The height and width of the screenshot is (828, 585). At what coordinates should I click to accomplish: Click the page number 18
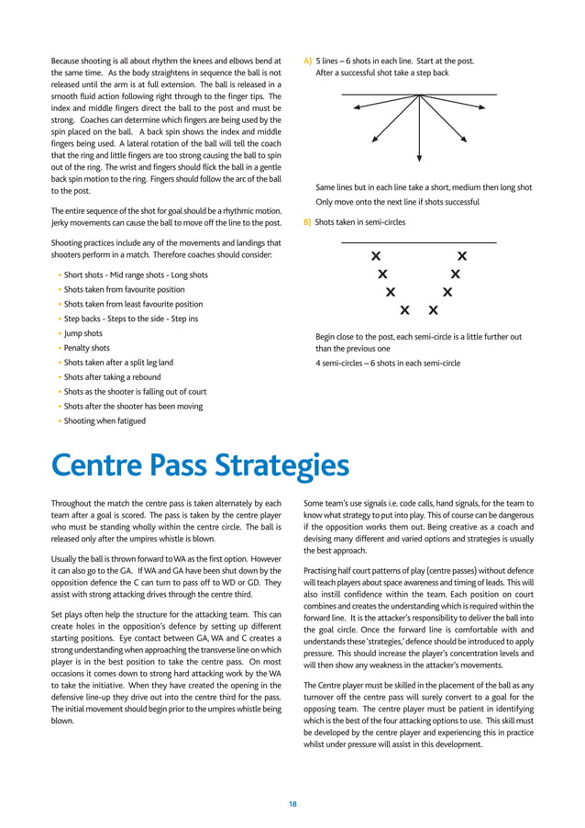click(x=292, y=804)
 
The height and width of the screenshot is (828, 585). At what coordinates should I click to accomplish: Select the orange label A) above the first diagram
click(x=307, y=62)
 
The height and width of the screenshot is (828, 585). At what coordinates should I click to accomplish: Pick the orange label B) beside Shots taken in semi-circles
click(x=307, y=222)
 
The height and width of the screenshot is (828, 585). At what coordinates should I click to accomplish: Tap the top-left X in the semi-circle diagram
click(x=375, y=255)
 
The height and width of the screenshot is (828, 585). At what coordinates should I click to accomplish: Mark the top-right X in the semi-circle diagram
click(x=461, y=255)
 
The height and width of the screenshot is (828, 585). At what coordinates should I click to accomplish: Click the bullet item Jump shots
click(x=83, y=333)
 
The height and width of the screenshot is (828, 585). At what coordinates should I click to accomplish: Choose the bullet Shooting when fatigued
click(x=105, y=421)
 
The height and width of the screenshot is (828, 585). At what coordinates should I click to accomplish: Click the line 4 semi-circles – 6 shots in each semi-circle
click(x=388, y=363)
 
